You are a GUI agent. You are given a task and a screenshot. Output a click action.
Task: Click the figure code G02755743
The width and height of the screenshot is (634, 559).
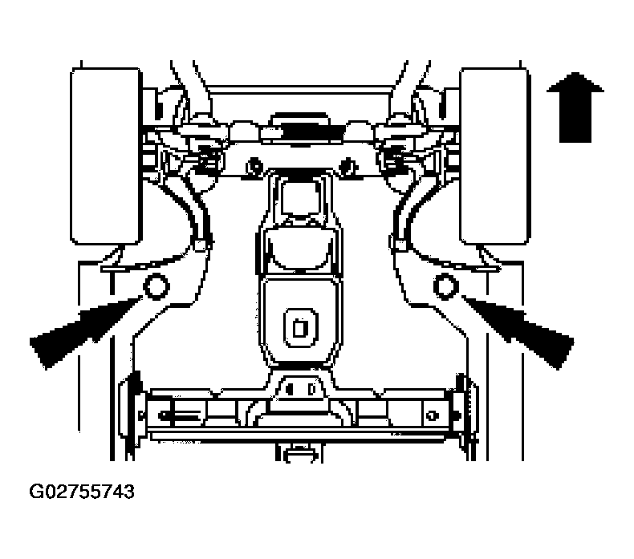click(82, 492)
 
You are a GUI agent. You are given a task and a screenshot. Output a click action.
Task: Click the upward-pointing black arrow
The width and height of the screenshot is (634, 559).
click(575, 107)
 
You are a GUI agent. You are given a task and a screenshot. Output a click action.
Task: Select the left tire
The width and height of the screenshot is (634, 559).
click(106, 156)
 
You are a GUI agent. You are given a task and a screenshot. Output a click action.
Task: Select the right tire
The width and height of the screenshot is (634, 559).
click(494, 156)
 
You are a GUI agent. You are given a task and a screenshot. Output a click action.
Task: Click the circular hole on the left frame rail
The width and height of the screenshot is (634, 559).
click(156, 286)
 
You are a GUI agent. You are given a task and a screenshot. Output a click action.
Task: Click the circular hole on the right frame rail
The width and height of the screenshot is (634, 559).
click(445, 286)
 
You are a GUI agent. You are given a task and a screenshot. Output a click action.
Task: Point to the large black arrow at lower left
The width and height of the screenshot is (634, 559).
click(86, 332)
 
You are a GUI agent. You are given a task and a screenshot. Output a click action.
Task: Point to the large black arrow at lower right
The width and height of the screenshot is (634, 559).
click(518, 332)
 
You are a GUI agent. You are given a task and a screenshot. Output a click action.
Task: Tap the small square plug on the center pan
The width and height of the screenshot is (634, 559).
click(300, 327)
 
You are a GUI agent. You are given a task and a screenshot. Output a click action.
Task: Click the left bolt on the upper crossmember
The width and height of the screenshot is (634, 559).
click(254, 165)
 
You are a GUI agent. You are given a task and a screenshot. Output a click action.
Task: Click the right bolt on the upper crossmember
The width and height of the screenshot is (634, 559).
click(347, 165)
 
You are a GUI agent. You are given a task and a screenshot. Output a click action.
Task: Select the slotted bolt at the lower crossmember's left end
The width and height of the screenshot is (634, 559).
click(178, 415)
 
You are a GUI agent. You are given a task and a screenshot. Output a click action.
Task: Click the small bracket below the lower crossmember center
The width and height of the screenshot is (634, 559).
click(299, 452)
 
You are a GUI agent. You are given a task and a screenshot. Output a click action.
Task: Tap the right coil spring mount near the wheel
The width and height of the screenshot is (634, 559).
click(393, 158)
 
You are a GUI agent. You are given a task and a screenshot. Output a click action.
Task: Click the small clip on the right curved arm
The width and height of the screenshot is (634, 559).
click(400, 245)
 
